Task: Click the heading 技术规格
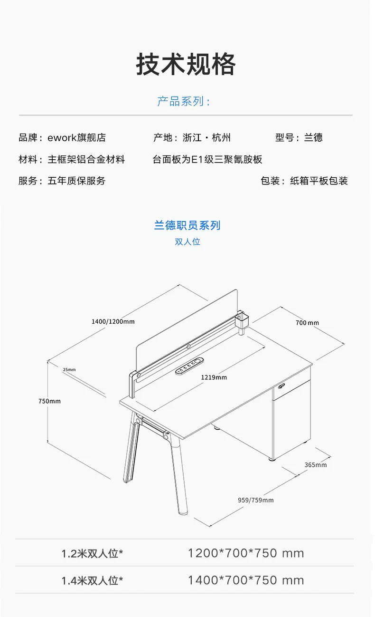pos(186,64)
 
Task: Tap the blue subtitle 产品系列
pos(184,101)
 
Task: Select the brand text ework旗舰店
pos(77,138)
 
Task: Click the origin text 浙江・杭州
pos(207,138)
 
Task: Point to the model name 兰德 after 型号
pos(313,138)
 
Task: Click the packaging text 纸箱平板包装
pos(319,181)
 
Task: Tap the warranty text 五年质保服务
pos(77,181)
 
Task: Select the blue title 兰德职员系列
pos(187,225)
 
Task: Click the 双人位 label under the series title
pos(187,241)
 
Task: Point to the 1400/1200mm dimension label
pos(113,321)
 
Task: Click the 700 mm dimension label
pos(307,323)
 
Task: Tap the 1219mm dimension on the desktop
pos(214,377)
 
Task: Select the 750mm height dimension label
pos(50,401)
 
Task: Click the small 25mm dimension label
pos(69,369)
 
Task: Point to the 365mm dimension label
pos(316,464)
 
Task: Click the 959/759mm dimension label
pos(255,500)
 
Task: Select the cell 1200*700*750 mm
pos(246,553)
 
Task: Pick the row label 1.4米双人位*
pos(92,580)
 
